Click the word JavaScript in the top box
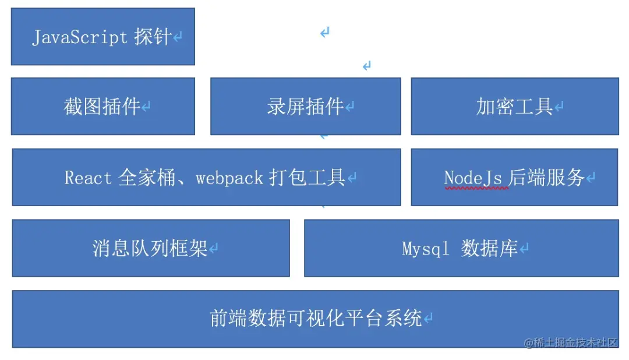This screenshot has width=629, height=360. coord(80,37)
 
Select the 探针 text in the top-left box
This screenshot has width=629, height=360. coord(153,37)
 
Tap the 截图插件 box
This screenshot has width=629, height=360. coord(103,107)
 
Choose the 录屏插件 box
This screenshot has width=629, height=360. coord(306,107)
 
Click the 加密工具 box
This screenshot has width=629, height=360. coord(515,107)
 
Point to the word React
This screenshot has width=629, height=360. coord(88,178)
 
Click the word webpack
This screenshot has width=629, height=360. coord(229,178)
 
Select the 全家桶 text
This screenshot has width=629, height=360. coord(147,178)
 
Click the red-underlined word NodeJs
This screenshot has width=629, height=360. coord(473,178)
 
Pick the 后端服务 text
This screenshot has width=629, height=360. coord(546,178)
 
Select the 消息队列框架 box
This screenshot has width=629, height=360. coord(151,248)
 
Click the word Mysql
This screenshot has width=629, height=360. coord(425,249)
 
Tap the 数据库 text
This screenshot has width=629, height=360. coord(489,248)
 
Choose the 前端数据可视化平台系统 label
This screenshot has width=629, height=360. coord(316,318)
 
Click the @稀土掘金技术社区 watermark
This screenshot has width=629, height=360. coord(570,343)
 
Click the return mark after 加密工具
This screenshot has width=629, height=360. coord(559,107)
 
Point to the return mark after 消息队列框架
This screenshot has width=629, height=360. coord(213,248)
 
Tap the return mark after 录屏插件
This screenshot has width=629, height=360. coord(350,107)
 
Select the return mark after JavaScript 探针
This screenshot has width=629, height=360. coord(177,37)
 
